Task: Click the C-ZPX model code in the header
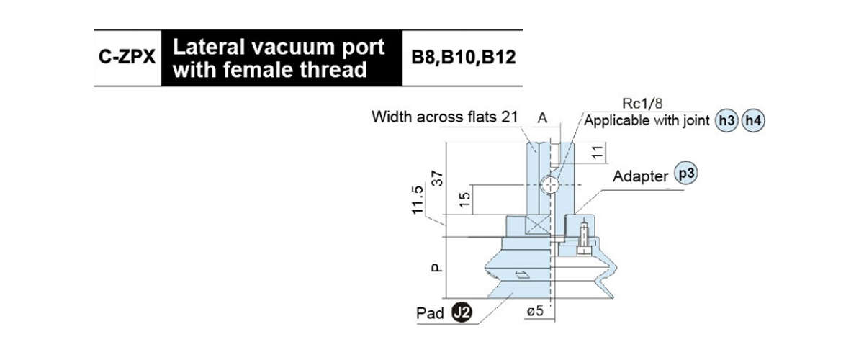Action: point(127,57)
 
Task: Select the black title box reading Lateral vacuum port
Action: point(282,58)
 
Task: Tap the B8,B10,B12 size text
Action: point(463,57)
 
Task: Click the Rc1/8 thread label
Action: point(642,104)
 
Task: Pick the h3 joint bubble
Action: point(726,121)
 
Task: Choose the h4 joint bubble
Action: point(753,121)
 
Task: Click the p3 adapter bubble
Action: point(686,173)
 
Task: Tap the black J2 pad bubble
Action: point(462,312)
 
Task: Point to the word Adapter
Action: point(640,176)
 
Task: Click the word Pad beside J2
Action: point(430,313)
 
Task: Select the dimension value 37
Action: point(438,179)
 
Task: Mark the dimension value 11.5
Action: point(418,200)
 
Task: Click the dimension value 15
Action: point(465,199)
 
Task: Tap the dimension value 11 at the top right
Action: point(597,153)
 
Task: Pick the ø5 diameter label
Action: point(536,311)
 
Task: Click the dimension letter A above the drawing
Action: point(542,117)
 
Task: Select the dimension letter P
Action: point(436,268)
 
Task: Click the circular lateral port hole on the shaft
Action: point(550,186)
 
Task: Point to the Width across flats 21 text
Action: point(444,117)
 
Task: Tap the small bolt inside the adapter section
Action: point(584,238)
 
